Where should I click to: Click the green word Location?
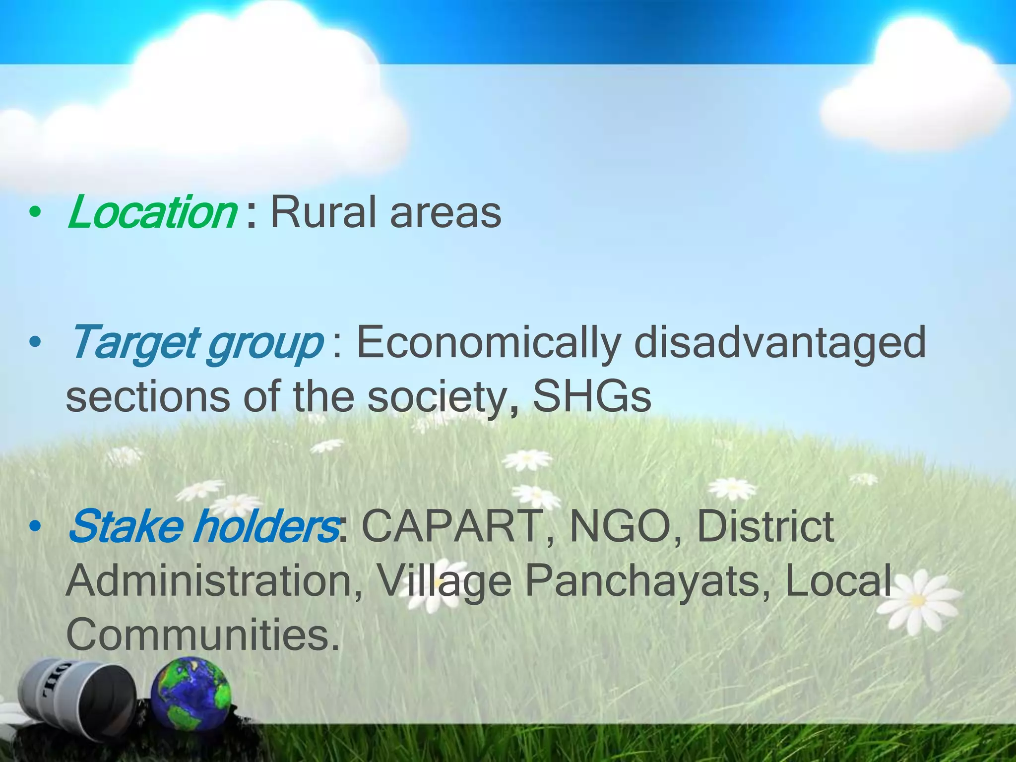151,212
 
